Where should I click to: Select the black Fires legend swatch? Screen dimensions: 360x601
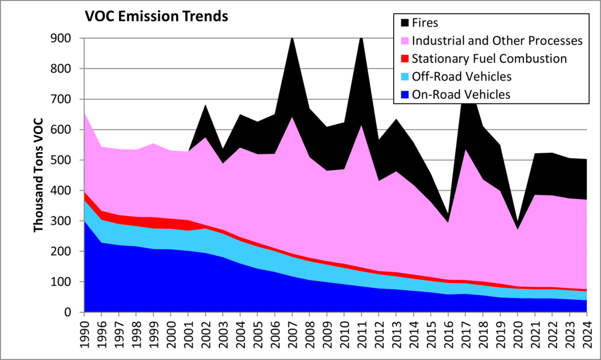(404, 23)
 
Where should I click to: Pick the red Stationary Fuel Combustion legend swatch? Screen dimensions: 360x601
(404, 58)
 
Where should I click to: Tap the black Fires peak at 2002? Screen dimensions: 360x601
(206, 106)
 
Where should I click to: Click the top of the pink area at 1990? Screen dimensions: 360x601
(85, 113)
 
